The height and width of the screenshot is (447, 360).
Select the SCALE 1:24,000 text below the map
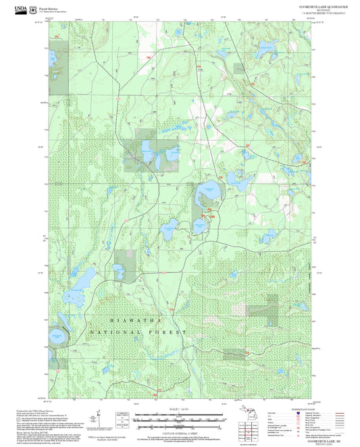(180, 409)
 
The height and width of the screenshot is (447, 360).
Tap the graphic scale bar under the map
(180, 419)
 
